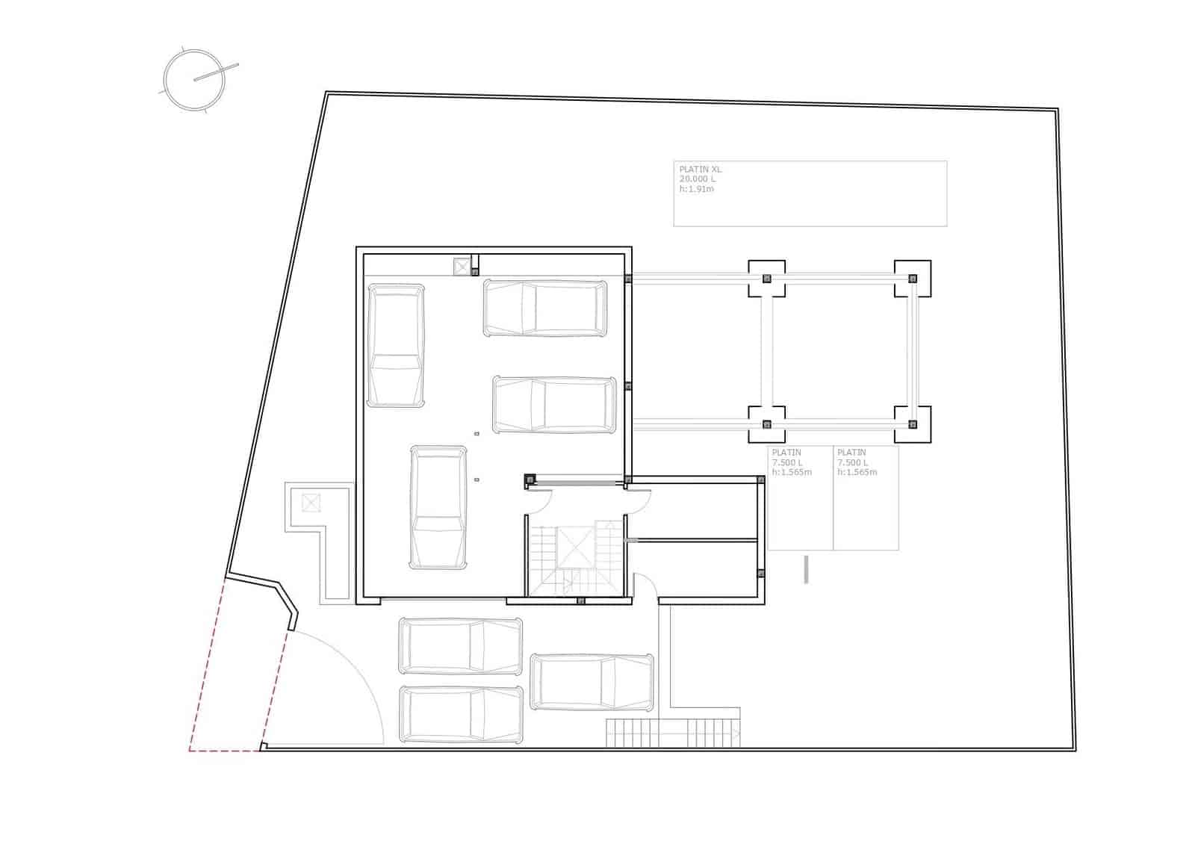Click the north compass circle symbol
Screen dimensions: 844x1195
[x=194, y=79]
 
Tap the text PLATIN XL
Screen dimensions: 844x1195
[x=700, y=170]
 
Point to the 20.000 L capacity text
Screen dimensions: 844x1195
[x=697, y=179]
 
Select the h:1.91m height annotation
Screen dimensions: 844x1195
[x=696, y=189]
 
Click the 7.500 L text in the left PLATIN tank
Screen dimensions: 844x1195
[x=787, y=462]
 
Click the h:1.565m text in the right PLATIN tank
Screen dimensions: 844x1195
[x=857, y=472]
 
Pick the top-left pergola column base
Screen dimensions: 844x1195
[x=766, y=279]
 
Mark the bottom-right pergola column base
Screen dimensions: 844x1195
[x=912, y=424]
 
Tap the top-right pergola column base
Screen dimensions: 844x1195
[x=912, y=279]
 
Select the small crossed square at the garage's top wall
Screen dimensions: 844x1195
[x=462, y=267]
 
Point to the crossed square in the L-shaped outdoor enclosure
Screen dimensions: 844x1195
[x=311, y=502]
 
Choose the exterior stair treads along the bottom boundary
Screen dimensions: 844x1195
[x=672, y=733]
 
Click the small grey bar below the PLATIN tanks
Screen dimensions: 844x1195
[x=806, y=569]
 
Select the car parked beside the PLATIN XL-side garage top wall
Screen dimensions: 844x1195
[x=544, y=308]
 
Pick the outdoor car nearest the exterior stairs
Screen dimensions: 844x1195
[x=592, y=681]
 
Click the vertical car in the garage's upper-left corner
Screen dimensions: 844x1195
[x=395, y=345]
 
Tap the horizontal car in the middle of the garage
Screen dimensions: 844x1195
[x=554, y=405]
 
